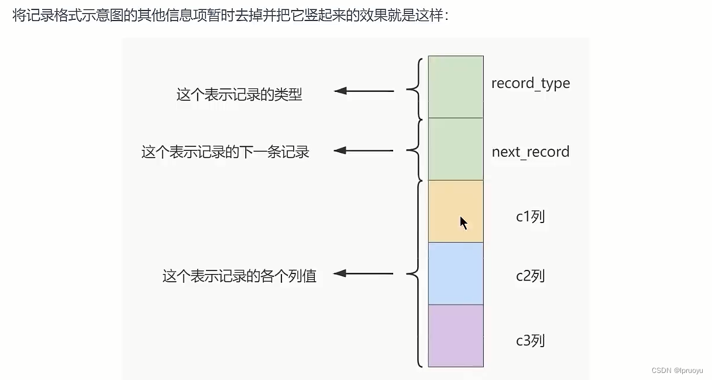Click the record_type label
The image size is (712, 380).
(530, 84)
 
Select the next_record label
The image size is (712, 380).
(530, 152)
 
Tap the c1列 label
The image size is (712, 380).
(530, 217)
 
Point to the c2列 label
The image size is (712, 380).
(530, 276)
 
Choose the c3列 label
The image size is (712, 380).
(530, 340)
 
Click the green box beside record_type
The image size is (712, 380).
(456, 87)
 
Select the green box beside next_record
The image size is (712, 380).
(456, 149)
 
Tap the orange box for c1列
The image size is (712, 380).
(456, 211)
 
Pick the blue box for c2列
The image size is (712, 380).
(456, 273)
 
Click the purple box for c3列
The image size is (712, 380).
(456, 336)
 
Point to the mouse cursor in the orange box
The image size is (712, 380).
(463, 223)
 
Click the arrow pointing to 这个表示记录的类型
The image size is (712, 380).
(363, 91)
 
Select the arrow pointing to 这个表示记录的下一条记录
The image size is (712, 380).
(363, 151)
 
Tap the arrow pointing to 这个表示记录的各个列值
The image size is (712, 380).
(363, 273)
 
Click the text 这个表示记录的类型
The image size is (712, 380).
(239, 95)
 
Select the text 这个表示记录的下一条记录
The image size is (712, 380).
(225, 152)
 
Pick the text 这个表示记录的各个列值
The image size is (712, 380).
(239, 276)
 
